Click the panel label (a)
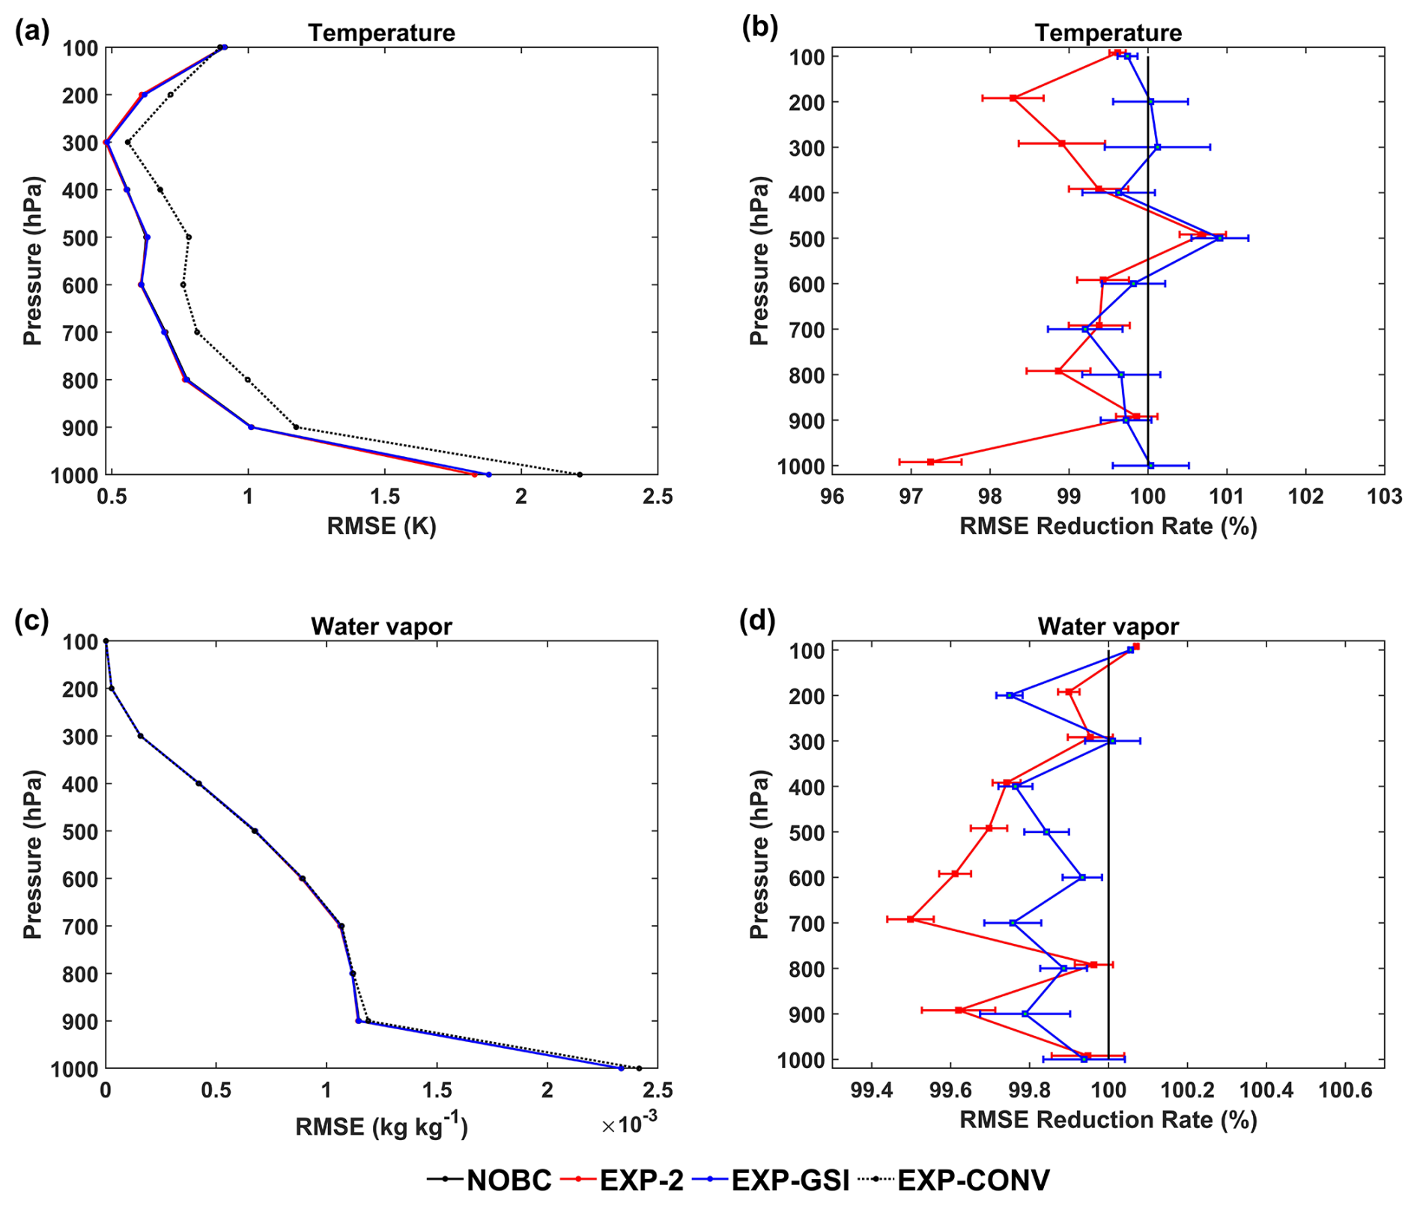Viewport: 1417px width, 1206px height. tap(31, 31)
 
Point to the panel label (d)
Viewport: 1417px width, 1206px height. tap(757, 621)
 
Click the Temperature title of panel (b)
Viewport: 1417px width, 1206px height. tap(1108, 33)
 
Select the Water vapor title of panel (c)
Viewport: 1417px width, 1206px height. tap(381, 626)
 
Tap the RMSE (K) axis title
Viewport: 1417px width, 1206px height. tap(381, 526)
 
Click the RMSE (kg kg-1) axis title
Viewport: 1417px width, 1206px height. tap(381, 1127)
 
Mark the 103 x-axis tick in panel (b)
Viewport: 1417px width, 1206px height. tap(1384, 497)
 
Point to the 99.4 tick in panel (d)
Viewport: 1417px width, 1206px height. tap(871, 1090)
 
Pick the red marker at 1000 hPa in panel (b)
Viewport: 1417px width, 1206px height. tap(930, 461)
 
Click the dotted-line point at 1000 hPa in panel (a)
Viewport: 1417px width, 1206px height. tap(580, 474)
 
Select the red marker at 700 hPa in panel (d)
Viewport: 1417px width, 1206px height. tap(911, 918)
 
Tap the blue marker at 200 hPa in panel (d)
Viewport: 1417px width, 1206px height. tap(1010, 695)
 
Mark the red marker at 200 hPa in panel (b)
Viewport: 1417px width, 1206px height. tap(1013, 97)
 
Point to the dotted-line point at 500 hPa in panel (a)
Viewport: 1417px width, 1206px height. tap(189, 237)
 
